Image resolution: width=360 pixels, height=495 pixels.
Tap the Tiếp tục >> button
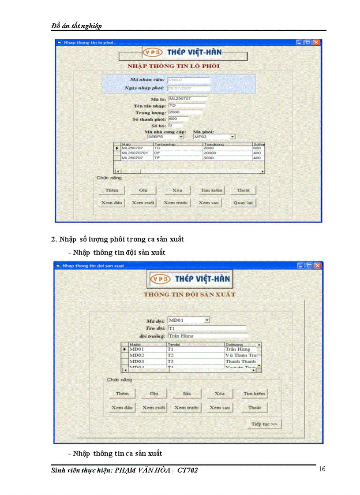(264, 424)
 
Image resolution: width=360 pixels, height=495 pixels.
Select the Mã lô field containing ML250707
(187, 99)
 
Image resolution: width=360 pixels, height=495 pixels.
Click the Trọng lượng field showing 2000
(185, 112)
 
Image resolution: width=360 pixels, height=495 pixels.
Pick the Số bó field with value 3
(175, 126)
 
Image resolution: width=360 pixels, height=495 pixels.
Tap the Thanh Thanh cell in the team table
(240, 361)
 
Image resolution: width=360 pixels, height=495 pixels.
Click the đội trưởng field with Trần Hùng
(207, 336)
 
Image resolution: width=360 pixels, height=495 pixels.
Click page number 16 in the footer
(322, 469)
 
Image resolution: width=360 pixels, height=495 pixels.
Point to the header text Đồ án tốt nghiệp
(76, 26)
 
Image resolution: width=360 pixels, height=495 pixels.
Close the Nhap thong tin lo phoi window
(316, 42)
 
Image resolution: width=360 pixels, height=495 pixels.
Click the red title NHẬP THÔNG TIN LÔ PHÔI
(173, 66)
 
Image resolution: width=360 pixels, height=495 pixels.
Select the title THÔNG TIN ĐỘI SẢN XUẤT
(189, 294)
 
